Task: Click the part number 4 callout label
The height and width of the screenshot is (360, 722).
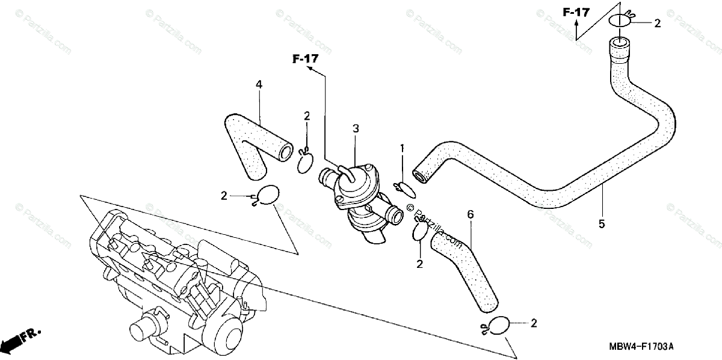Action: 259,85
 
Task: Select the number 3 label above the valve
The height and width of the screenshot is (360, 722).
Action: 356,128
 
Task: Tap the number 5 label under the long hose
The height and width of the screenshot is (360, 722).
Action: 602,224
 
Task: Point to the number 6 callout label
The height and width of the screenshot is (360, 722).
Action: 471,214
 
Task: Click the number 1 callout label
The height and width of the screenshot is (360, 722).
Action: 403,147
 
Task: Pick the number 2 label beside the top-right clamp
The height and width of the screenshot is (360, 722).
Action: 657,23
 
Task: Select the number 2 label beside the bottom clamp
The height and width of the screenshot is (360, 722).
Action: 533,323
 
